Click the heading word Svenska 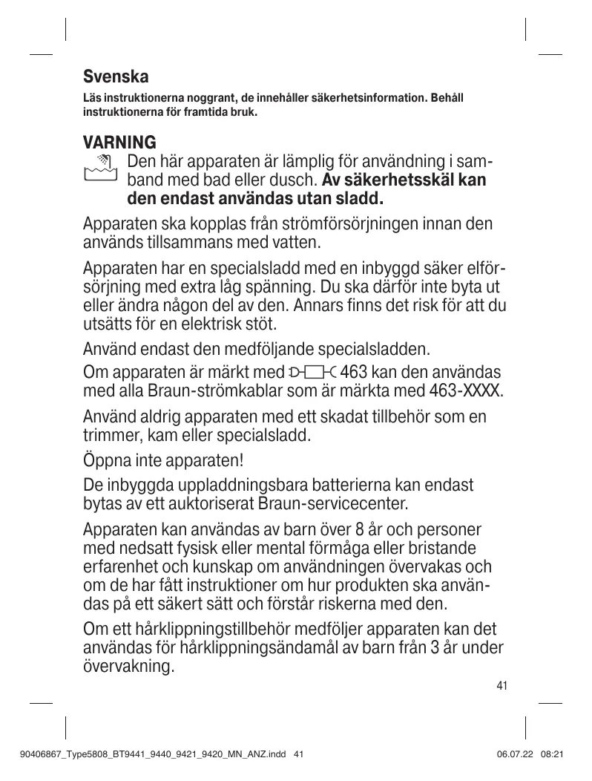click(x=116, y=76)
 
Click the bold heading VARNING click(x=119, y=142)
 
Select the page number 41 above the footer click(x=502, y=685)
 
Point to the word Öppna click(x=108, y=461)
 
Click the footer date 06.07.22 click(x=515, y=754)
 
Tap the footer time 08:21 click(x=554, y=754)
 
